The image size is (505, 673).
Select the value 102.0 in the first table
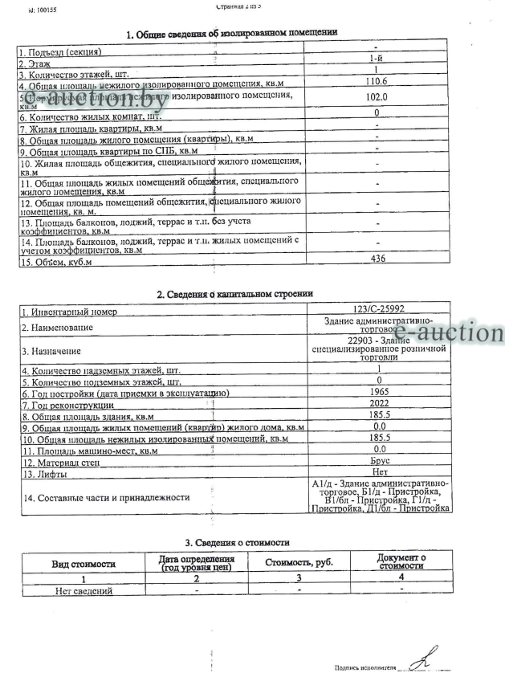(376, 97)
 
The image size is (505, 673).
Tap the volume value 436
(376, 259)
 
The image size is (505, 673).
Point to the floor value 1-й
(376, 60)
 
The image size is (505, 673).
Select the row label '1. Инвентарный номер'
(69, 312)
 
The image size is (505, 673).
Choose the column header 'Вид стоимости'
(84, 565)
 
